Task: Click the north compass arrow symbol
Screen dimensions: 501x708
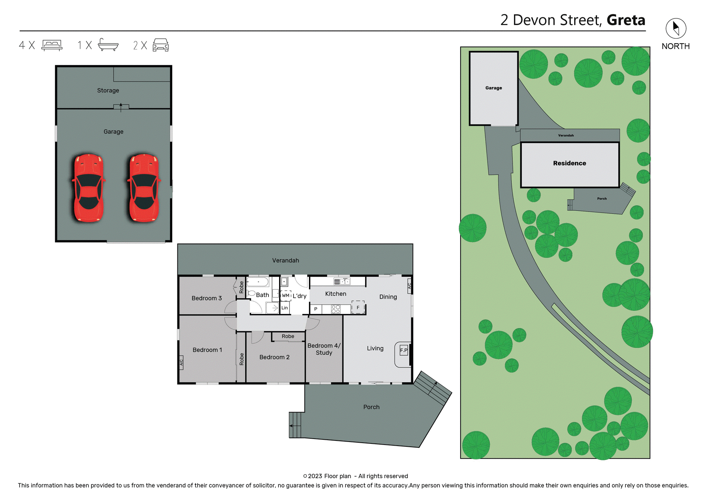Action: point(676,28)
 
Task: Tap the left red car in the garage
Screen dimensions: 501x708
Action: point(88,188)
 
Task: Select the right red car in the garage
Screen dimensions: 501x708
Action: point(144,188)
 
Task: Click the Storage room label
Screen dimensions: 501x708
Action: point(108,90)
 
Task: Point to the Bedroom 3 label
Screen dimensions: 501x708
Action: point(206,298)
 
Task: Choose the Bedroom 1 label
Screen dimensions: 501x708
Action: point(207,350)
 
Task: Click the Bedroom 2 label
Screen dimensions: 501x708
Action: point(274,357)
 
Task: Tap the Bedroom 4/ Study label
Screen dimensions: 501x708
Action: point(324,349)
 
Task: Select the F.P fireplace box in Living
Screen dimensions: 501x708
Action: point(404,350)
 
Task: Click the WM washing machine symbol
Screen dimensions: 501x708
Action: point(286,295)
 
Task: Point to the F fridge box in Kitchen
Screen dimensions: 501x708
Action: point(358,307)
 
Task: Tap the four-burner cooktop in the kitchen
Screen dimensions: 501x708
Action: point(336,309)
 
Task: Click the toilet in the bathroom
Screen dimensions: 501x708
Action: point(251,293)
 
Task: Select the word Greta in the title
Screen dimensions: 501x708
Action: point(626,20)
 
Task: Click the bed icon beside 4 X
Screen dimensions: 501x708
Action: point(52,45)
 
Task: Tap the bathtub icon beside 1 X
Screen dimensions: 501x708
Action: point(108,45)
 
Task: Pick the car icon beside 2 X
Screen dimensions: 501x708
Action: point(161,45)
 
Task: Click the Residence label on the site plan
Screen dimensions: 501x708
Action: point(569,163)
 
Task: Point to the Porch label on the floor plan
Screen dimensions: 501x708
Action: point(371,407)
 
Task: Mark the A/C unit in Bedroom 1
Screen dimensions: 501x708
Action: point(181,362)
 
